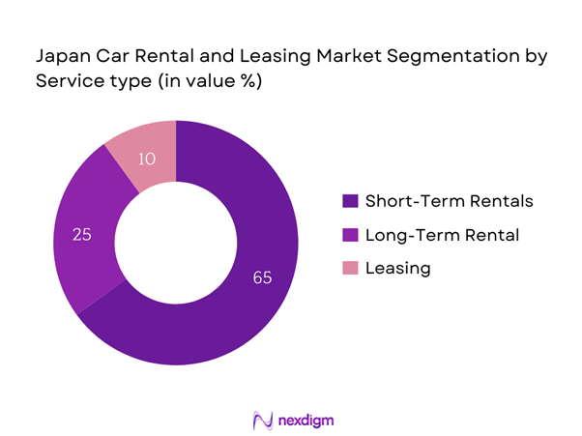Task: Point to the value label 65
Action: pyautogui.click(x=261, y=278)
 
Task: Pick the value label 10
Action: pyautogui.click(x=147, y=158)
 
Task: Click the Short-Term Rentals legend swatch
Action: pyautogui.click(x=349, y=201)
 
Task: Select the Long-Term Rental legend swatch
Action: pyautogui.click(x=349, y=234)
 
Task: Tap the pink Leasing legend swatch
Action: pyautogui.click(x=349, y=267)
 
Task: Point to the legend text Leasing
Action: pyautogui.click(x=398, y=267)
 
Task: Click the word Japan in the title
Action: pyautogui.click(x=60, y=56)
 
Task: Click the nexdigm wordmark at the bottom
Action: pyautogui.click(x=304, y=420)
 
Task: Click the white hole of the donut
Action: pyautogui.click(x=175, y=242)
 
